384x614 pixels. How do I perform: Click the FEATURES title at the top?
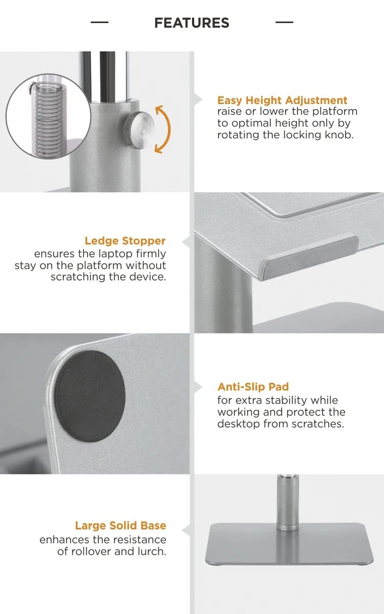pos(191,23)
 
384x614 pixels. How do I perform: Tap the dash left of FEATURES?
pos(99,23)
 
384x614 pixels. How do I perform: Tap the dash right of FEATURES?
pos(284,23)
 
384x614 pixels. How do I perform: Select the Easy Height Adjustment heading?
pos(282,100)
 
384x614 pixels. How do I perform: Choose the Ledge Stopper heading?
pos(125,241)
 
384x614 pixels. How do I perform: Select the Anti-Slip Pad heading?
pos(253,387)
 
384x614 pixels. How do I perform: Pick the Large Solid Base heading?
pos(120,525)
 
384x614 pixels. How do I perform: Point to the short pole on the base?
pos(288,502)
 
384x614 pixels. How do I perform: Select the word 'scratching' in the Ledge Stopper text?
pos(76,277)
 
